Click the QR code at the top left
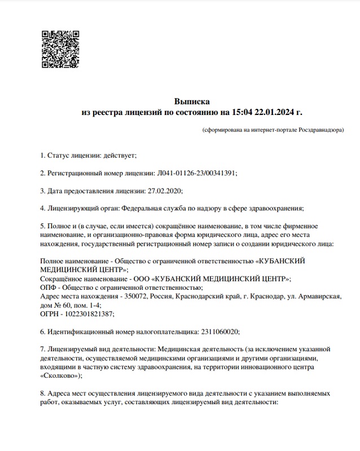(60, 48)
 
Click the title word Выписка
(192, 101)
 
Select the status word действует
(120, 154)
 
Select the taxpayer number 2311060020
(219, 332)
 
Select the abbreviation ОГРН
(51, 314)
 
